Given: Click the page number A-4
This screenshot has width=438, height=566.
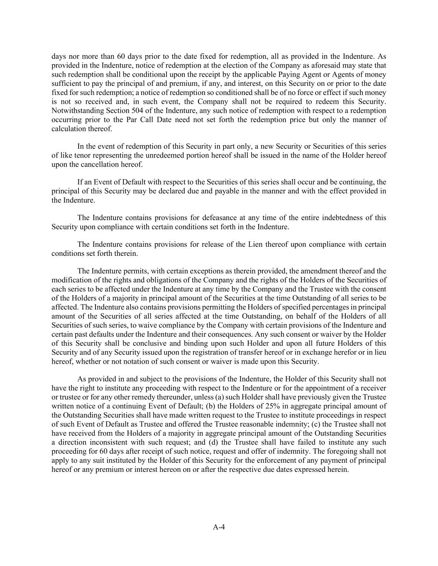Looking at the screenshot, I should tap(219, 527).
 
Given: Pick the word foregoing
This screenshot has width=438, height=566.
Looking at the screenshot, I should tap(343, 451).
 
